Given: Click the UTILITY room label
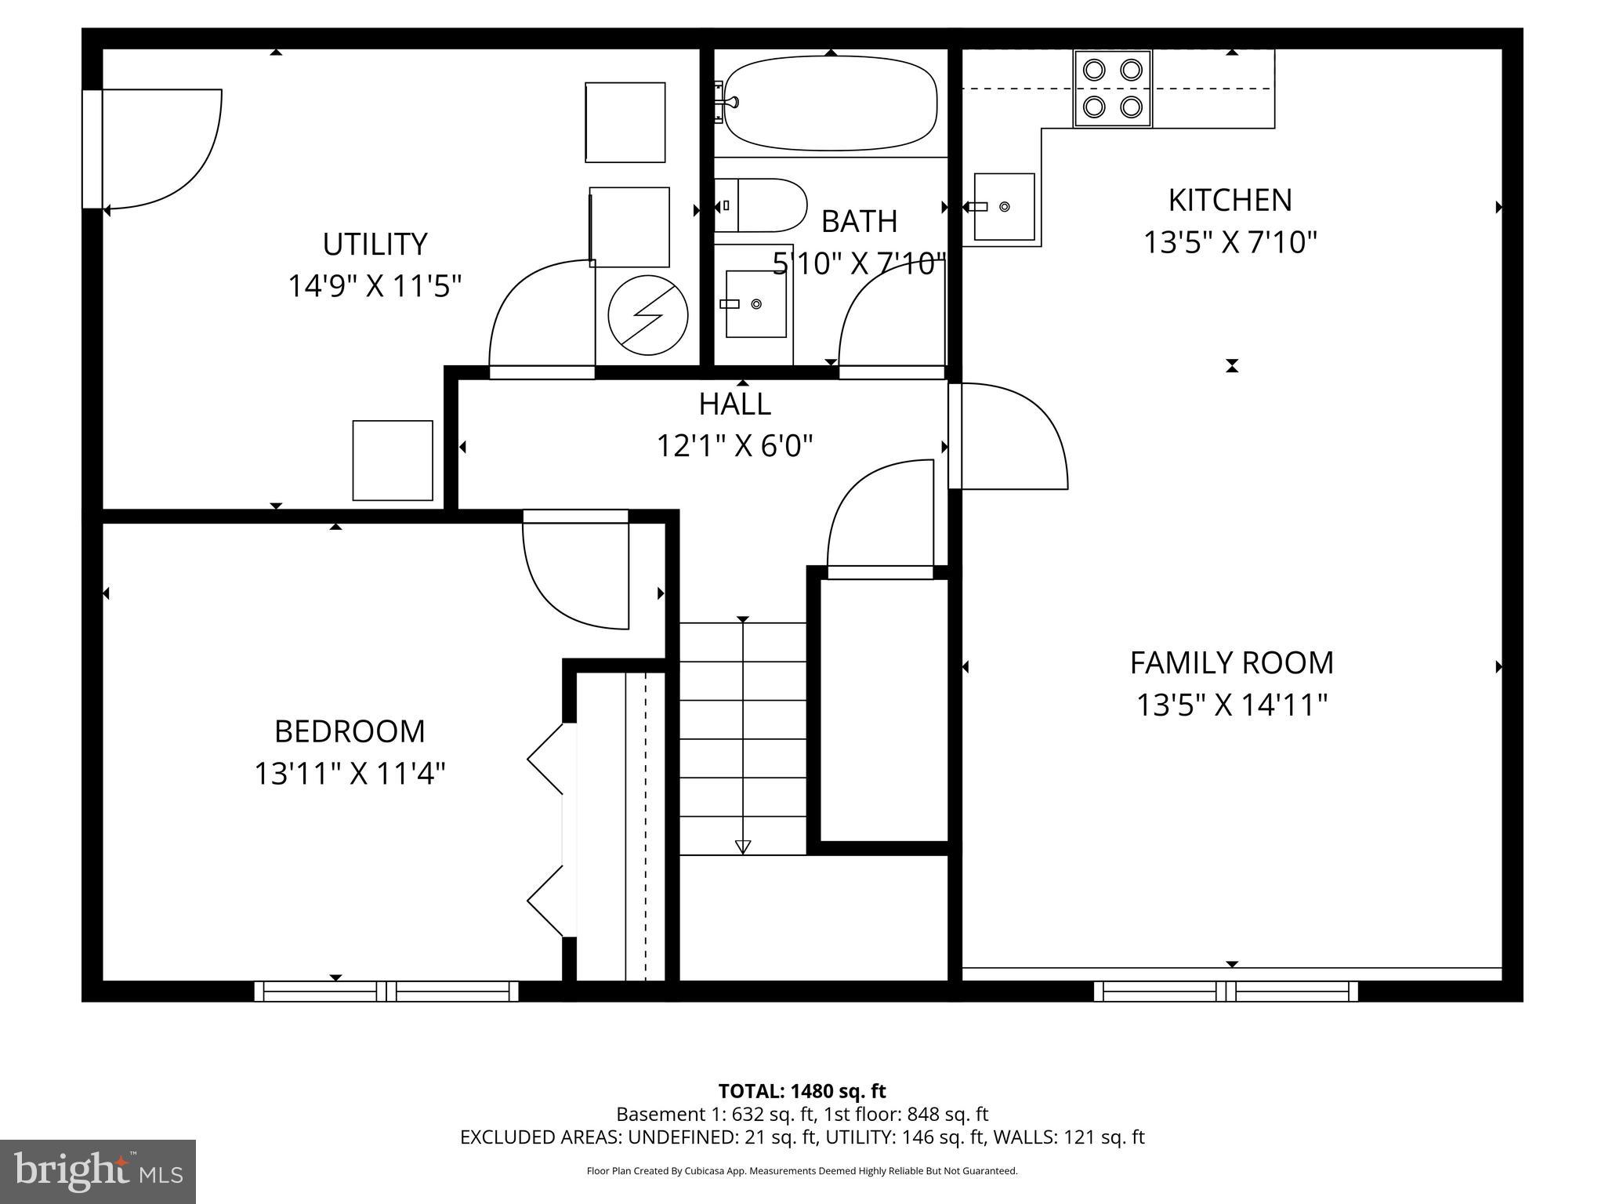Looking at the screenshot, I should tap(375, 245).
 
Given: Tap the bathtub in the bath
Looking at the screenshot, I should tap(830, 103).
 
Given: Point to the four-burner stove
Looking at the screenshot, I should tap(1112, 88).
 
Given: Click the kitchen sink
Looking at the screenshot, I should tap(1004, 207).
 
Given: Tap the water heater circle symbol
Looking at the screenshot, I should tap(648, 314).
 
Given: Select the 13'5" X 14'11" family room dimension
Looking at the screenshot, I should tap(1231, 705).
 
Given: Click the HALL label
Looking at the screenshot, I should tap(734, 404).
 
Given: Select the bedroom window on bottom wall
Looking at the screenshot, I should tap(386, 992).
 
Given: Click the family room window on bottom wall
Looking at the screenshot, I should tap(1226, 992).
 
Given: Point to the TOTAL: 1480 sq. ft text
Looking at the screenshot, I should tap(802, 1091).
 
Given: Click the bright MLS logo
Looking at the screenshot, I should tap(97, 1171).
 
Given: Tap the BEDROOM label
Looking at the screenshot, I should tap(350, 732).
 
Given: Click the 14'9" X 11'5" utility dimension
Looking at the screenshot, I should tap(375, 286).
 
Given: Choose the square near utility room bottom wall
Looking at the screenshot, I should tap(393, 460).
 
